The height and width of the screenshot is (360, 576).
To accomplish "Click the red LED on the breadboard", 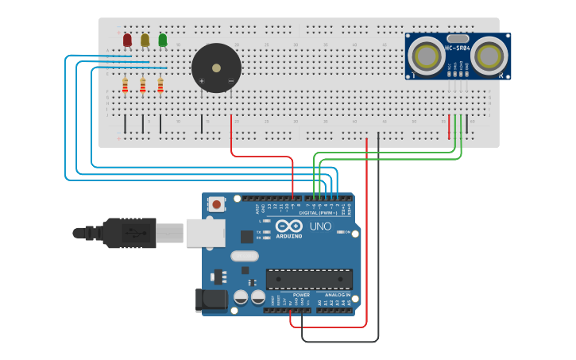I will [x=127, y=40].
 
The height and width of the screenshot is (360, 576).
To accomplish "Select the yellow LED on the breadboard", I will [x=145, y=40].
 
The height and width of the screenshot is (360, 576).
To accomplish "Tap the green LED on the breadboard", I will [x=163, y=40].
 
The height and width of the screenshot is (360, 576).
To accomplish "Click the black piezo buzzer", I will [x=216, y=68].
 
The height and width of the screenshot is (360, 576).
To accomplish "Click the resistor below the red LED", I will [x=125, y=85].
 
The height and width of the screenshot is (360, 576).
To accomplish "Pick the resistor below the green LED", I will [x=160, y=85].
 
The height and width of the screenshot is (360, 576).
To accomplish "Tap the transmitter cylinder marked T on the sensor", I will [x=427, y=56].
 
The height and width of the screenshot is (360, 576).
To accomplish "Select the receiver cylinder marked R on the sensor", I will [x=489, y=56].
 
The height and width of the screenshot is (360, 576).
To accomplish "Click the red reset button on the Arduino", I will [x=217, y=204].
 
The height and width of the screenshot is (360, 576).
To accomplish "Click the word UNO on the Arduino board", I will [x=320, y=226].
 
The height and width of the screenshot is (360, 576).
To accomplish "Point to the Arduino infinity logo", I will [x=289, y=226].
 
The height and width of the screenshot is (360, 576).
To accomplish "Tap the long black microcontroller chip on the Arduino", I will [x=308, y=279].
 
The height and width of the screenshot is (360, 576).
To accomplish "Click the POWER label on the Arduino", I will [x=301, y=294].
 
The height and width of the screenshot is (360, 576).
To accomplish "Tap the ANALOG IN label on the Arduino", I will [x=338, y=294].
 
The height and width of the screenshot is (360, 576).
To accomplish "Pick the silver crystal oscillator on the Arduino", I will [x=245, y=257].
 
